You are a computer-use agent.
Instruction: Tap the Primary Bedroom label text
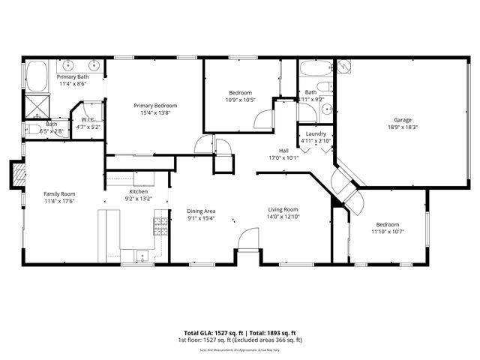tap(154, 106)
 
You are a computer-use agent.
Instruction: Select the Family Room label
tap(59, 193)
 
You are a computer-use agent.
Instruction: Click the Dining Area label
tap(201, 211)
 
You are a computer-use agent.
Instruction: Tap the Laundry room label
tap(316, 133)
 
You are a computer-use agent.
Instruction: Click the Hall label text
tap(283, 150)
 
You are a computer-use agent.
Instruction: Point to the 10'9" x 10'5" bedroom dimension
tap(240, 100)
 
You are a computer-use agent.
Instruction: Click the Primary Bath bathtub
tap(36, 76)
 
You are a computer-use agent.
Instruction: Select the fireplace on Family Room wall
tap(18, 175)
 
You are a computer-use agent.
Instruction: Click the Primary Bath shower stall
tap(35, 103)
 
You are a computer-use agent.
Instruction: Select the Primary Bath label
tap(73, 76)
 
